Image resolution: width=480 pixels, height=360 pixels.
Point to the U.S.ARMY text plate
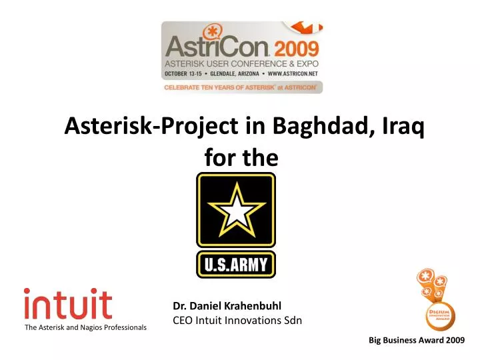tap(235, 265)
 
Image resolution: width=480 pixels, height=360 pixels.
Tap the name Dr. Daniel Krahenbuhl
tap(227, 306)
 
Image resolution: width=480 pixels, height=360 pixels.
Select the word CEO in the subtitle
tap(183, 321)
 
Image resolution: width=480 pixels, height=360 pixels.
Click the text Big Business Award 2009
tap(417, 341)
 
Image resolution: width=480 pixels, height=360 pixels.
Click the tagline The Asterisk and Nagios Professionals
tap(85, 327)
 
